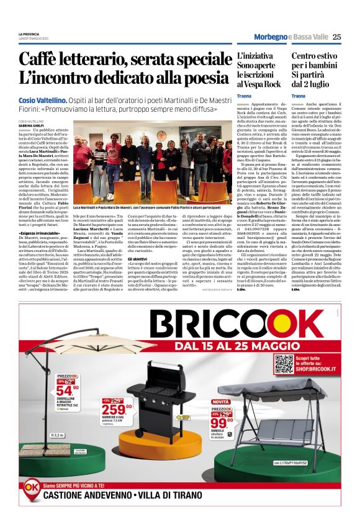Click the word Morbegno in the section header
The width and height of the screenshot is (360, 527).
(271, 37)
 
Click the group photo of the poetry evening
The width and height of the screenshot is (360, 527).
(151, 164)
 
